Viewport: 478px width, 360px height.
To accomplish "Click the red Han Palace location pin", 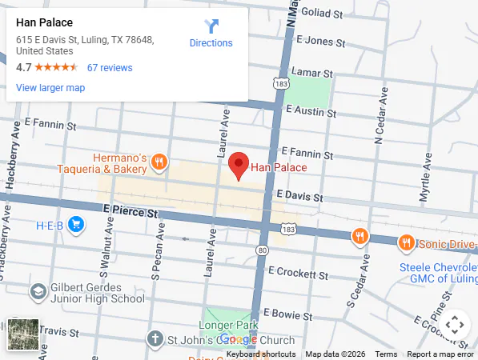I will click(238, 165).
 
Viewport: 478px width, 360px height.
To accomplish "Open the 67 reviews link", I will click(110, 68).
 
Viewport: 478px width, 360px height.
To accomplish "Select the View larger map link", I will click(50, 88).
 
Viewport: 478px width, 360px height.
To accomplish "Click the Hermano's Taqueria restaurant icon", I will click(159, 163).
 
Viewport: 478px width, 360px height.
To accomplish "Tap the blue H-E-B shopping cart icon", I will click(76, 224).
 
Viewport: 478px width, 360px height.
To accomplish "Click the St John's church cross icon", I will click(155, 338).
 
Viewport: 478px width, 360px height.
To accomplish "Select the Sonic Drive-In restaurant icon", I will click(407, 242).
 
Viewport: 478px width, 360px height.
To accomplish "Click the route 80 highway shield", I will click(262, 250).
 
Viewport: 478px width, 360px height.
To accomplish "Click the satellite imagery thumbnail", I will click(23, 334).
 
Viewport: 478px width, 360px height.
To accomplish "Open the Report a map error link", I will click(440, 354).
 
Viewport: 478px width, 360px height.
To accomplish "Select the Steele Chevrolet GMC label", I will click(438, 273).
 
